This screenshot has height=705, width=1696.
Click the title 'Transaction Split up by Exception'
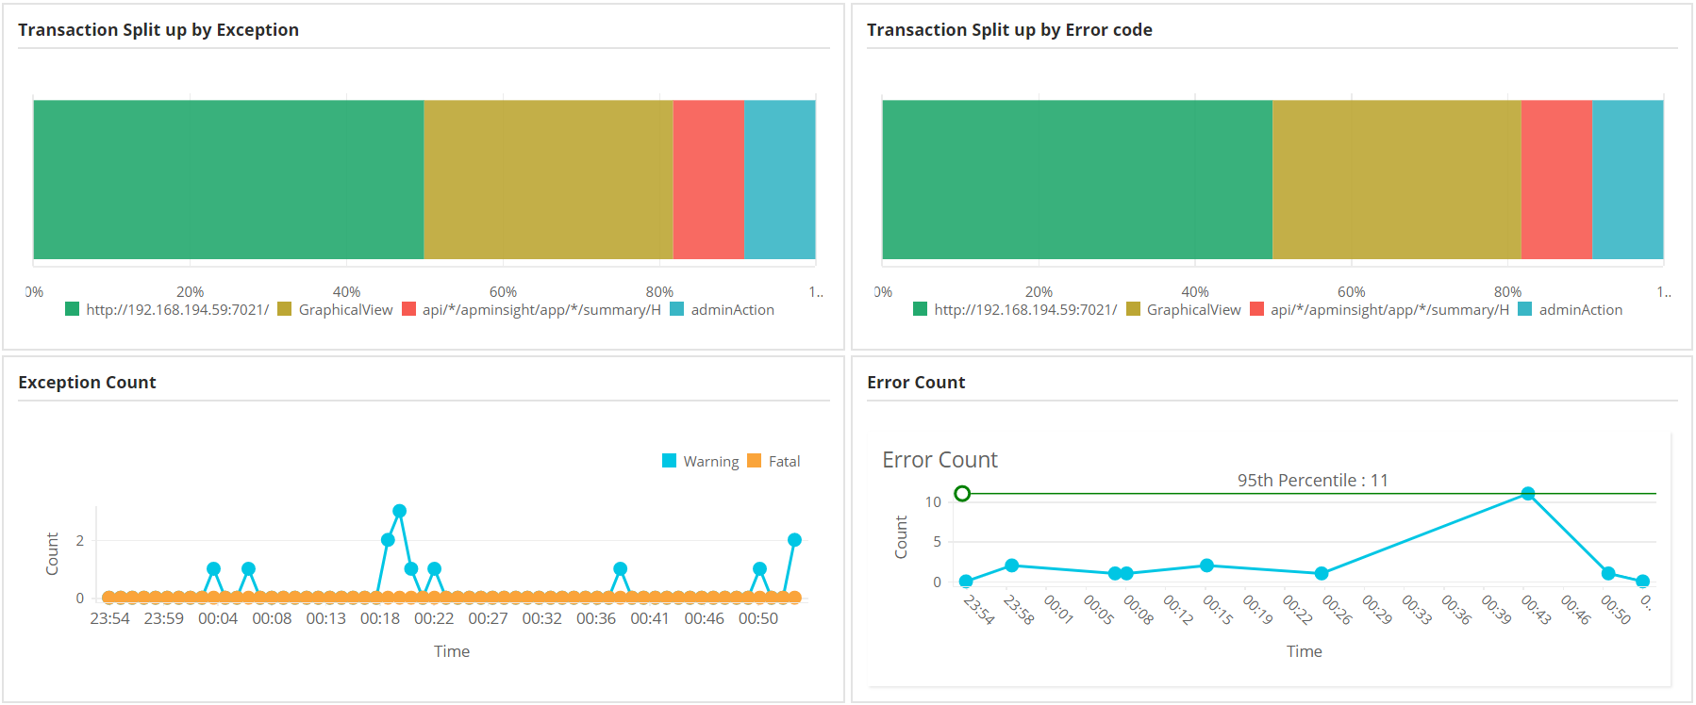(x=158, y=30)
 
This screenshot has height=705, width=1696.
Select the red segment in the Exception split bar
(x=708, y=179)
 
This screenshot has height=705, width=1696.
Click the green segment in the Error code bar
(x=1076, y=179)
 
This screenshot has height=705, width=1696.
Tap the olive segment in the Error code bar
(x=1396, y=179)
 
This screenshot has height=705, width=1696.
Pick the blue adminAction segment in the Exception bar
(x=779, y=179)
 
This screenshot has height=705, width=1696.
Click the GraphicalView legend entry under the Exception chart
(x=336, y=310)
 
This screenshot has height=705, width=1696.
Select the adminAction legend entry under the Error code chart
(x=1571, y=310)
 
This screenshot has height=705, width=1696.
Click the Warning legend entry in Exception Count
(x=701, y=462)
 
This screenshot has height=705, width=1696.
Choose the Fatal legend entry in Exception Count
(x=774, y=462)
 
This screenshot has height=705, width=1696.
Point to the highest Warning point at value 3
(x=400, y=511)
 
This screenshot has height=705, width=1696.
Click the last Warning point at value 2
(x=794, y=540)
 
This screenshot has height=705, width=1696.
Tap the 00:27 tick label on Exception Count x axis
(x=488, y=619)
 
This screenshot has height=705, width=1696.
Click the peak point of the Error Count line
(x=1528, y=494)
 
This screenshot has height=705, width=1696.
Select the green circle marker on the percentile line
(x=962, y=494)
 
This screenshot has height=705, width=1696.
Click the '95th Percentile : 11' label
(x=1312, y=481)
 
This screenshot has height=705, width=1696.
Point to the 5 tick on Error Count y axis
(x=937, y=542)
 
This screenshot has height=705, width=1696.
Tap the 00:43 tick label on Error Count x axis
(x=1537, y=610)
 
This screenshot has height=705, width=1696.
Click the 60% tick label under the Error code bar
(x=1351, y=292)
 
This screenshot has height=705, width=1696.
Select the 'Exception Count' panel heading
(x=87, y=383)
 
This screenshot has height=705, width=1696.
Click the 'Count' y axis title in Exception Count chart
(x=53, y=554)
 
